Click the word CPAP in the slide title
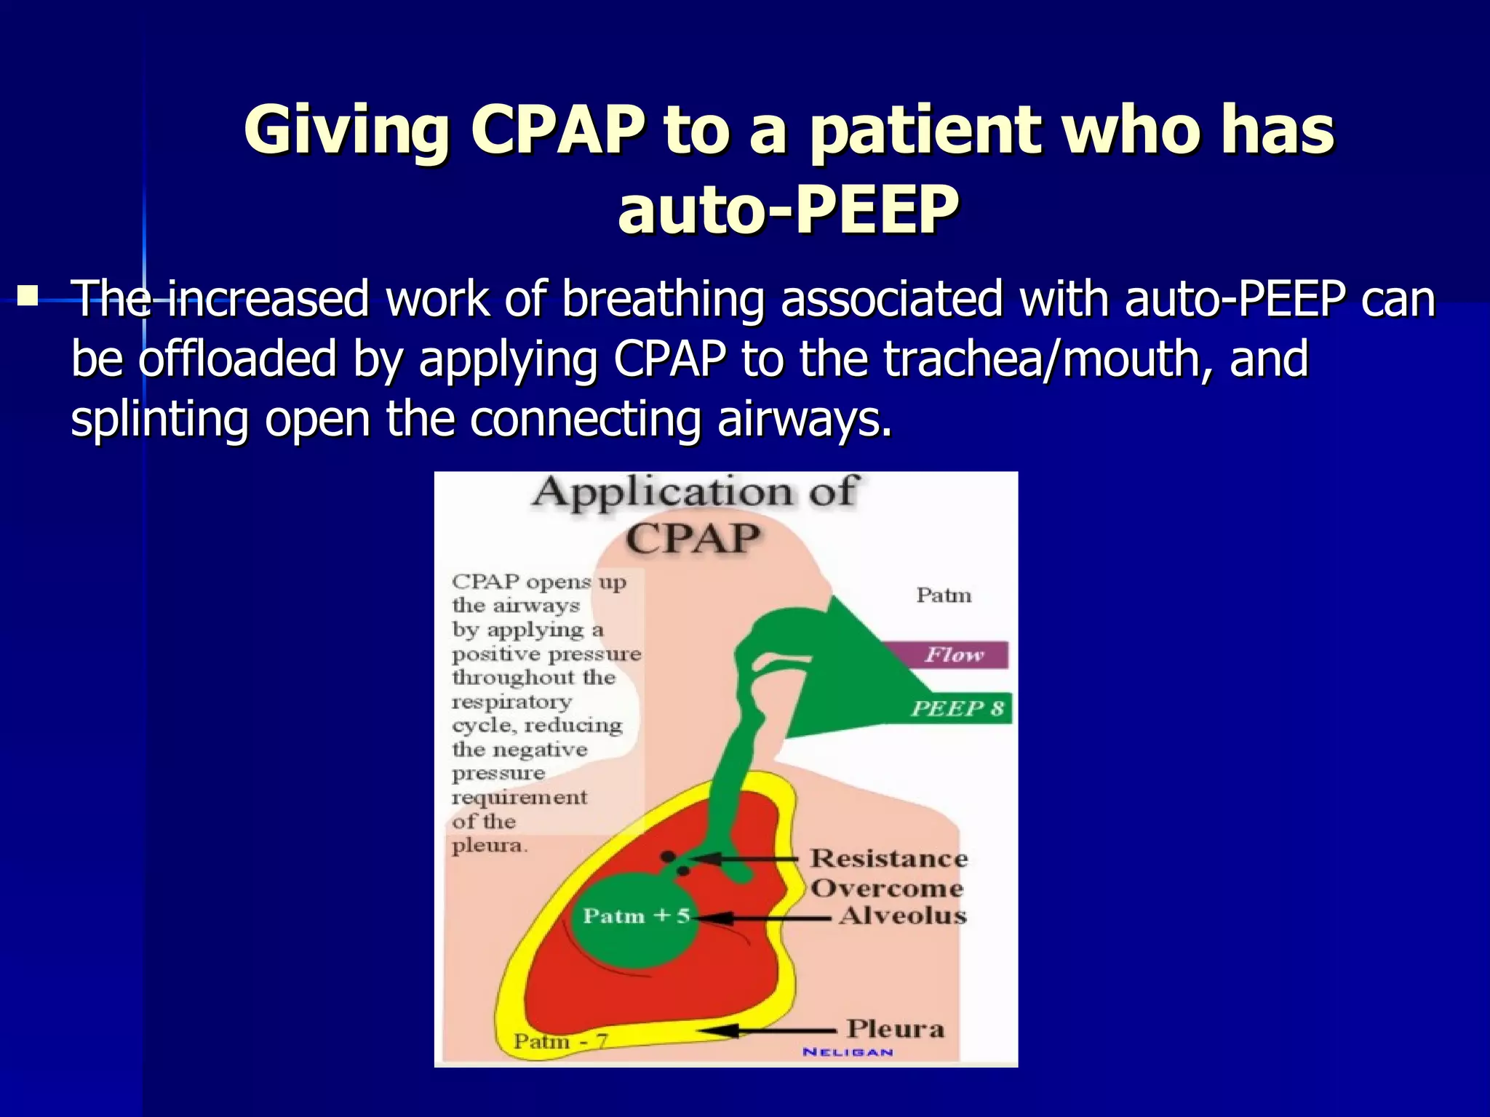557,131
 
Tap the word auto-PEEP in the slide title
788,210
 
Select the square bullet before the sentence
28,296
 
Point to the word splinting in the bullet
159,420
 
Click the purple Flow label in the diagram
954,654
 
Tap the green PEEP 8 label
957,708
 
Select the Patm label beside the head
944,595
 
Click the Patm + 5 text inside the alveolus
636,916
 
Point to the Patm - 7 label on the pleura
560,1041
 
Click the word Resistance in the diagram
889,858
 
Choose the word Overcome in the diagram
887,888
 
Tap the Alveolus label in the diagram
902,916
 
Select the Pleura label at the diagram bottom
895,1029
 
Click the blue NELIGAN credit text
848,1052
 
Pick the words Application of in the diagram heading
695,492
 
